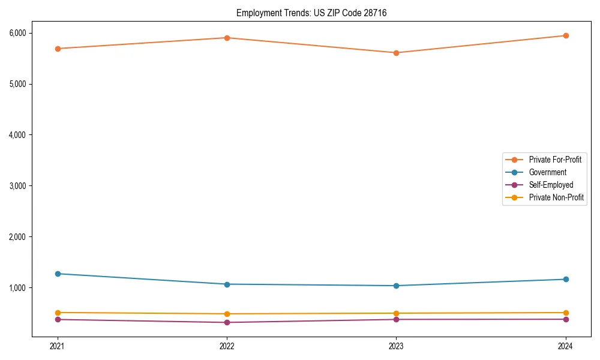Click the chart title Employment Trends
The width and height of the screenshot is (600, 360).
[x=311, y=13]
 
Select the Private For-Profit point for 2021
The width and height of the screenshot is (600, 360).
[x=58, y=49]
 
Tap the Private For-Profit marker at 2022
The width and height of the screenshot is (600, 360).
[x=227, y=38]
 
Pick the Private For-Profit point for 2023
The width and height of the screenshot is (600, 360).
[x=396, y=53]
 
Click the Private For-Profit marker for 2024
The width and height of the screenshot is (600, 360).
[x=566, y=35]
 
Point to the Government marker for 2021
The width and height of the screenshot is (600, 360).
[x=58, y=274]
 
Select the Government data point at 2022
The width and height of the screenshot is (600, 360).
[x=227, y=284]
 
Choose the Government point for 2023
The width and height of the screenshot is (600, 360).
[x=396, y=286]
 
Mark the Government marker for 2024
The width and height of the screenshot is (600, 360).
[x=566, y=279]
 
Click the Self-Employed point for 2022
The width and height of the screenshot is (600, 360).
[x=227, y=322]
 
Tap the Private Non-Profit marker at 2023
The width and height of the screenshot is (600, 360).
[x=396, y=313]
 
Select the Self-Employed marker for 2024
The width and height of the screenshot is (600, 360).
[x=566, y=319]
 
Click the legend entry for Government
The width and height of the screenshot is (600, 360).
[x=547, y=172]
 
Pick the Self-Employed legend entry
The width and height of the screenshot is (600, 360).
[x=551, y=185]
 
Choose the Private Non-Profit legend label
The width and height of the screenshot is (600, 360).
[x=556, y=197]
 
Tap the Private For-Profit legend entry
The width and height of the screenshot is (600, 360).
[x=555, y=160]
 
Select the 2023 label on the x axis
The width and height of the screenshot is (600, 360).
[x=396, y=346]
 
